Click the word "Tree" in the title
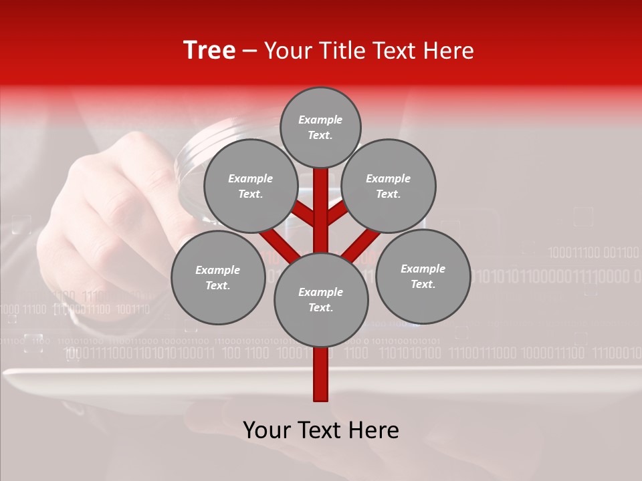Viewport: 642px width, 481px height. [209, 51]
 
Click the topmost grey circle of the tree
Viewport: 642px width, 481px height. [320, 127]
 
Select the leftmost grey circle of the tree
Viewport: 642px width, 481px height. [218, 277]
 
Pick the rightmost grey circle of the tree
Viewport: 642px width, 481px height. [423, 276]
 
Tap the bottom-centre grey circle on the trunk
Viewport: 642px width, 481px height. [321, 299]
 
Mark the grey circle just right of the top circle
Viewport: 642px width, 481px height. [389, 186]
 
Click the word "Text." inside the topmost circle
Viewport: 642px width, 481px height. [320, 135]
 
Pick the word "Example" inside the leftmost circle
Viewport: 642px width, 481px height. [217, 270]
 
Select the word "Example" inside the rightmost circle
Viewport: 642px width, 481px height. [423, 269]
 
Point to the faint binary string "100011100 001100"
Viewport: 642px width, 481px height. [593, 253]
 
